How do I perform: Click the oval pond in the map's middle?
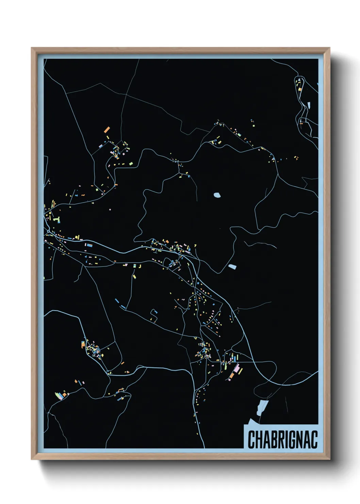[217, 195]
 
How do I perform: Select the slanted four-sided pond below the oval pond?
[232, 267]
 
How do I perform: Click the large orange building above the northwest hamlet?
[107, 129]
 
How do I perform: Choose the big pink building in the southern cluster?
[236, 368]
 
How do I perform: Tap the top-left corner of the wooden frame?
[32, 48]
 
